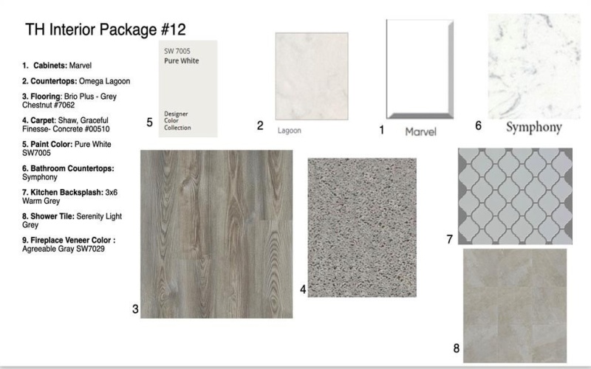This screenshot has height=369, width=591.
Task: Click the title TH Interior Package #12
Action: (105, 30)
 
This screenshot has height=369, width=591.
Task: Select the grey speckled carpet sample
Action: (361, 227)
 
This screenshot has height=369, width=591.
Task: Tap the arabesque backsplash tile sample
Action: (514, 196)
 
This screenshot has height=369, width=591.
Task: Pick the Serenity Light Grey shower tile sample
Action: (514, 305)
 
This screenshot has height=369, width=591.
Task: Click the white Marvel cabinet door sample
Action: (419, 69)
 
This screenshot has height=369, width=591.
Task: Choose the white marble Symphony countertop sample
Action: (533, 66)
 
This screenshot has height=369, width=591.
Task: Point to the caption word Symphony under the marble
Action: (533, 127)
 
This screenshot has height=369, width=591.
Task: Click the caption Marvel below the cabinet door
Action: (421, 131)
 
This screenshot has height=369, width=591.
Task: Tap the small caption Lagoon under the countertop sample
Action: (290, 131)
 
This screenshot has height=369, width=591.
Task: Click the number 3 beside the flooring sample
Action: (135, 309)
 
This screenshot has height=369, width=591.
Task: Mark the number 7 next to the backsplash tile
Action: (450, 239)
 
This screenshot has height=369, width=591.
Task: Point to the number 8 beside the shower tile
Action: (457, 348)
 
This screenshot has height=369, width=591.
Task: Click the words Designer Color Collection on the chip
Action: (177, 121)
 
